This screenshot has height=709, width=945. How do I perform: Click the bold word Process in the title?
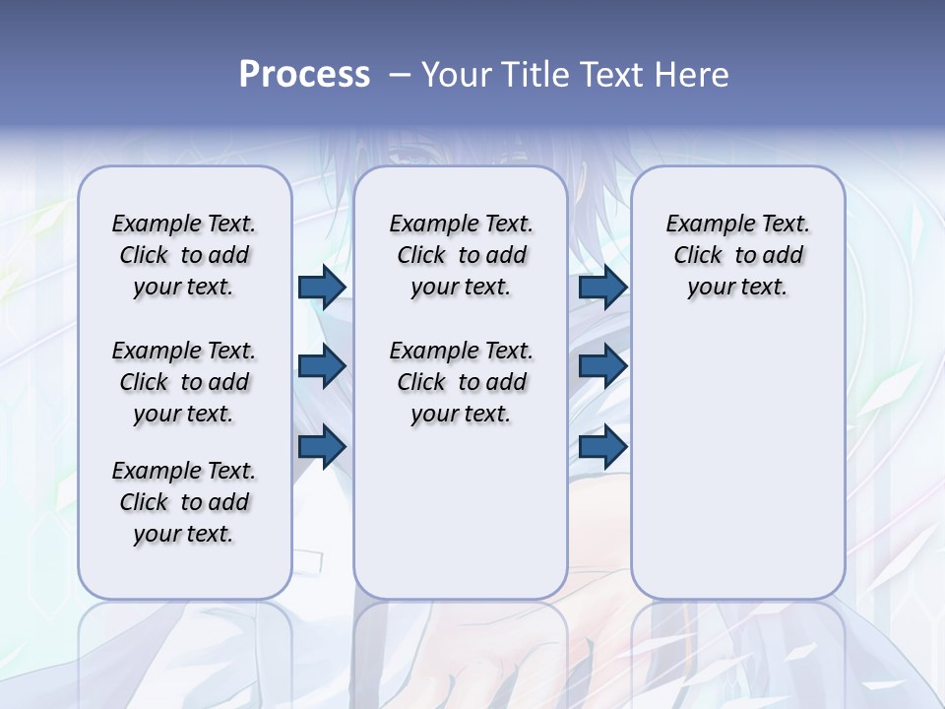(304, 75)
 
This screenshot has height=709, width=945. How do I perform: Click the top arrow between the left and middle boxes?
(322, 287)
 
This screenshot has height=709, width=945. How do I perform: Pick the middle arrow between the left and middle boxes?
(322, 366)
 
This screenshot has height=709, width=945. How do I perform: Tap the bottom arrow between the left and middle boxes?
(322, 447)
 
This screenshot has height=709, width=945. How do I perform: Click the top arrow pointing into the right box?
(602, 287)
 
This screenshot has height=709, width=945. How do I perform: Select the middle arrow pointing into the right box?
(602, 366)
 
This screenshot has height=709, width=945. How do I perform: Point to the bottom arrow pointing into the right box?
(602, 447)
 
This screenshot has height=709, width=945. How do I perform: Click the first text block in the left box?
(183, 255)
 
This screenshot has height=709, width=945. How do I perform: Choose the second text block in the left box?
(183, 382)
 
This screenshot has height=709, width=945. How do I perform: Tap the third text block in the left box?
(183, 502)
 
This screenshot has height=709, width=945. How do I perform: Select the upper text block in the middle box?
(461, 255)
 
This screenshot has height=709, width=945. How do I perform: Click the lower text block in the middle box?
(461, 382)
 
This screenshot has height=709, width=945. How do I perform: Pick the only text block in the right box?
(737, 255)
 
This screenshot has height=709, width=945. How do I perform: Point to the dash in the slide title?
(400, 75)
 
